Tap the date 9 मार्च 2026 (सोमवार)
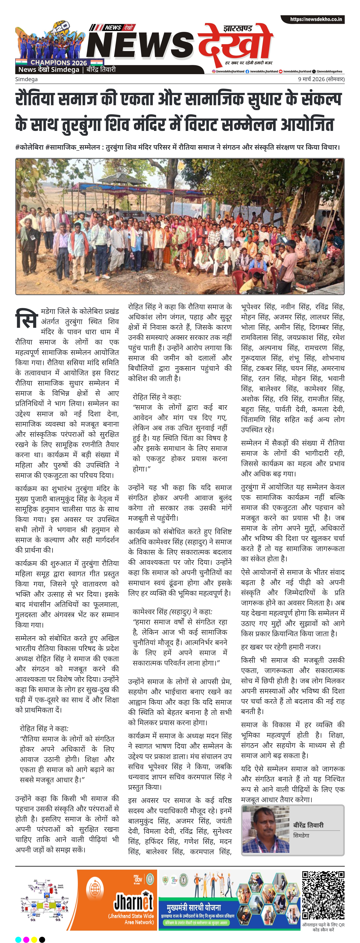pyautogui.click(x=321, y=79)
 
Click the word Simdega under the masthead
pyautogui.click(x=26, y=79)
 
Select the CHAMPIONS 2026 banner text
pyautogui.click(x=59, y=63)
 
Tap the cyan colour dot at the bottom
pyautogui.click(x=18, y=939)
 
